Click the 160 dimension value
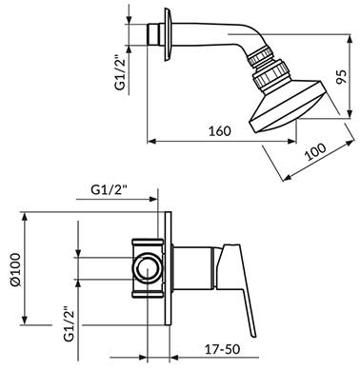point(220,130)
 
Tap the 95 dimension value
point(342,76)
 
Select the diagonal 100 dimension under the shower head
point(315,152)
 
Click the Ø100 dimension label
point(15,270)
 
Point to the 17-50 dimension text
point(222,349)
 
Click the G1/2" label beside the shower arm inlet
point(121,73)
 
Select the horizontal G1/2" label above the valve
point(109,189)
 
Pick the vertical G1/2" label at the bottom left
point(70,323)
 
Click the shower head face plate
point(287,107)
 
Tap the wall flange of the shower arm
point(168,34)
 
